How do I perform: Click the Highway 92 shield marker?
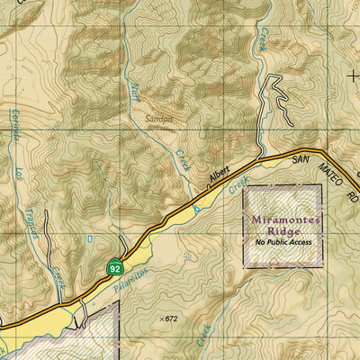[x=113, y=268]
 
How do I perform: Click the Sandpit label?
[x=159, y=117]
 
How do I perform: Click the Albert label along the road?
[x=220, y=175]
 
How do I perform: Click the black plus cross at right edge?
[x=352, y=75]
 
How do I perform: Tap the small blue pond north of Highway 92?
[x=89, y=239]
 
